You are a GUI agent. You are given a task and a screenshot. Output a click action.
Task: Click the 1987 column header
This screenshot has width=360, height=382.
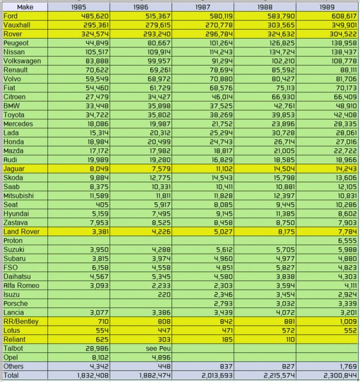pos(202,7)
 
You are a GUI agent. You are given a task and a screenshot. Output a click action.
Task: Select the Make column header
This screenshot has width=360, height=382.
pos(25,7)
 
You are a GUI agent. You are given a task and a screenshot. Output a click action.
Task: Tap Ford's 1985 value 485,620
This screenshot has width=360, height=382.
pos(95,16)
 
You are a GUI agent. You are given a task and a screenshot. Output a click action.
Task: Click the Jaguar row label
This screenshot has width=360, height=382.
pos(14,169)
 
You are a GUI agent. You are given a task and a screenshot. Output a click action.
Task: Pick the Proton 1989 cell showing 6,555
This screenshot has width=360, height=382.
pos(347,240)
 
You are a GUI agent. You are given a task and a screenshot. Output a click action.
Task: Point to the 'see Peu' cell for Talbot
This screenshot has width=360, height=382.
pos(158,348)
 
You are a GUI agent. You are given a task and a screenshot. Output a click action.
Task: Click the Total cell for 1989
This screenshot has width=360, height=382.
pos(340,375)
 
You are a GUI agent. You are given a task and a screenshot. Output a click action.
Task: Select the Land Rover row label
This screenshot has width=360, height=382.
pos(21,231)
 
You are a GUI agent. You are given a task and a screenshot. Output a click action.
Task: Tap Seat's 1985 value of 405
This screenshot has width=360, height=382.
pos(102,204)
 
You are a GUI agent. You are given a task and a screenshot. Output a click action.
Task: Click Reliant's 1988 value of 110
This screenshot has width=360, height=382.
pos(289,339)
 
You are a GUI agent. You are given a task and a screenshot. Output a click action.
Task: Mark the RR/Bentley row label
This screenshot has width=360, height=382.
pos(21,321)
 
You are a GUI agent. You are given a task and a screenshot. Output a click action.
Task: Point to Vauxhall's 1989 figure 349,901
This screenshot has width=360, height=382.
pos(344,25)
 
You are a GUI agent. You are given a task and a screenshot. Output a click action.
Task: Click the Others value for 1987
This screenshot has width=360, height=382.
pos(227,366)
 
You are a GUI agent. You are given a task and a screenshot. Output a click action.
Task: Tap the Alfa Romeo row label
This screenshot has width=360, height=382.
pos(21,285)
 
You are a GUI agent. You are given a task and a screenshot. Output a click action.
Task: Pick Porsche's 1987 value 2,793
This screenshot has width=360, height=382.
pos(223,303)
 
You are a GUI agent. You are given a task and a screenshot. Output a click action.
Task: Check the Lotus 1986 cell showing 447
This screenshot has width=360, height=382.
pos(164,330)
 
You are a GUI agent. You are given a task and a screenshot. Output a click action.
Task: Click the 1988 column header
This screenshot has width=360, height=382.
pos(265,7)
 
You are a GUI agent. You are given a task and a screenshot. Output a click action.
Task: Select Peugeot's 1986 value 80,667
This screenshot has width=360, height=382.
pos(159,43)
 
